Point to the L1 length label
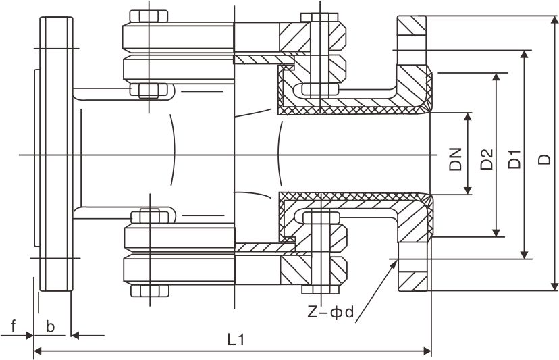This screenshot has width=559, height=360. (234, 340)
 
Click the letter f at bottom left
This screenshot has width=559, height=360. (13, 326)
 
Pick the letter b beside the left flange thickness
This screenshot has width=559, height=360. (51, 326)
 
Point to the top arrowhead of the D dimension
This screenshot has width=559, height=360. (553, 18)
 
